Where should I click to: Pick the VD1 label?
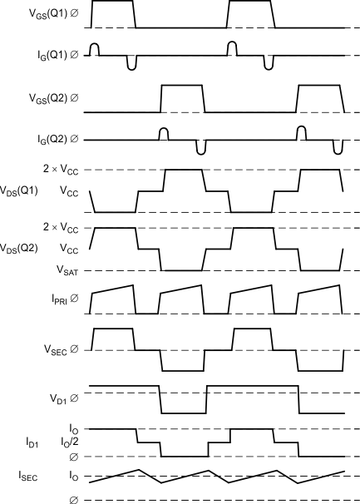63,398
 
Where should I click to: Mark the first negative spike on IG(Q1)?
131,63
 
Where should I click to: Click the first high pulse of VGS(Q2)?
181,86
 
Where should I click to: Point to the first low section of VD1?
183,413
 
